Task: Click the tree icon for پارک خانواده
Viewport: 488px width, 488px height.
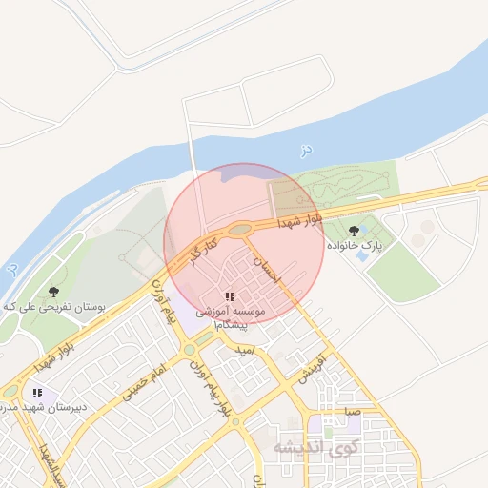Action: pyautogui.click(x=355, y=231)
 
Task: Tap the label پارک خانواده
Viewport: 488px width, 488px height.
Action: pyautogui.click(x=355, y=246)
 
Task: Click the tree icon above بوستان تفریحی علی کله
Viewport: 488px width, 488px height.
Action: pyautogui.click(x=52, y=292)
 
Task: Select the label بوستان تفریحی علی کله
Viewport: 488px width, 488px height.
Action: pyautogui.click(x=53, y=307)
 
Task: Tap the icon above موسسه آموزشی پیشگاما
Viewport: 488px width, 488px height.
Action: pyautogui.click(x=231, y=297)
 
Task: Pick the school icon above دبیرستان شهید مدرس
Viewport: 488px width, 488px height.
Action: pyautogui.click(x=37, y=392)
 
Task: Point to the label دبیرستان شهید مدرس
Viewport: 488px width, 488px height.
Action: pyautogui.click(x=44, y=407)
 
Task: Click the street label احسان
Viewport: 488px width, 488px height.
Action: pyautogui.click(x=269, y=266)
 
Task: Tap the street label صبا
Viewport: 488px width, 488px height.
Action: pyautogui.click(x=352, y=414)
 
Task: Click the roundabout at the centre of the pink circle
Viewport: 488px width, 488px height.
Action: pyautogui.click(x=238, y=229)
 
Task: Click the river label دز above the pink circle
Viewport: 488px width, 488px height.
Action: pyautogui.click(x=305, y=150)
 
